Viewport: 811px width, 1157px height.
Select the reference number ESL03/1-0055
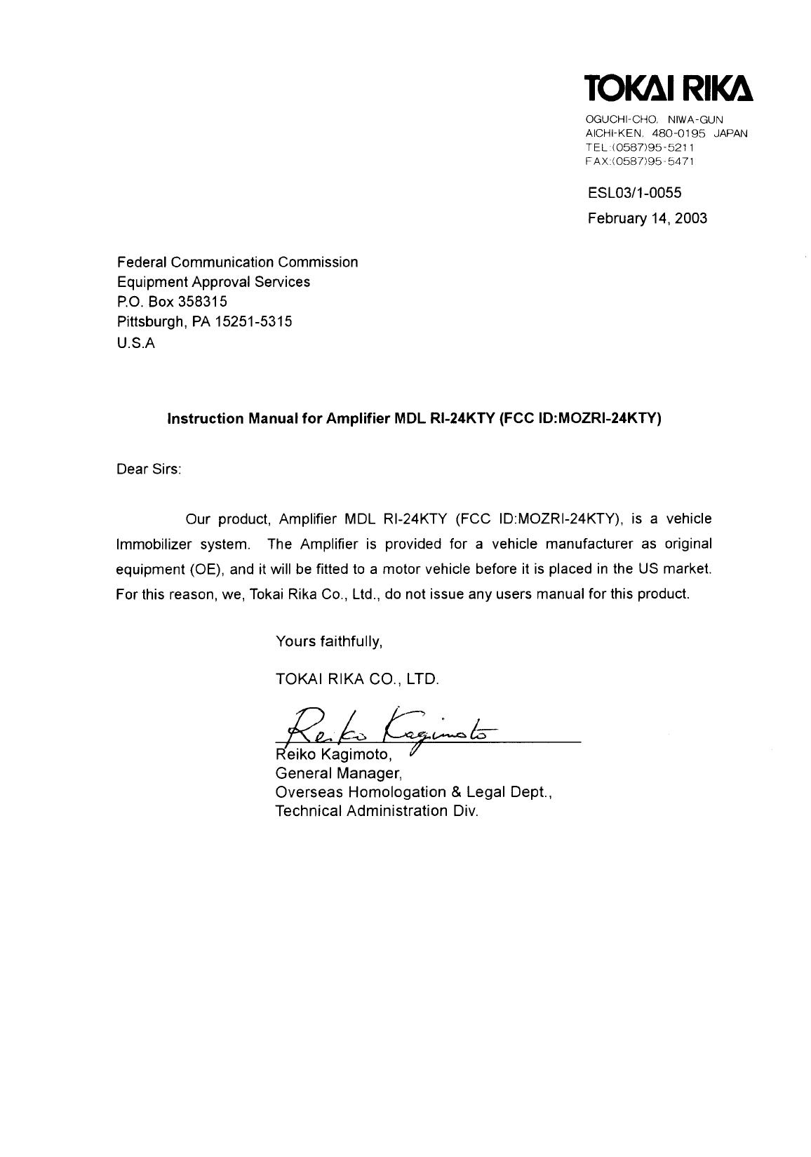click(x=634, y=192)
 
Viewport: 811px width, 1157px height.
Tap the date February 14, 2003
click(x=647, y=218)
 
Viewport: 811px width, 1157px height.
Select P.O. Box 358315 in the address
click(x=171, y=302)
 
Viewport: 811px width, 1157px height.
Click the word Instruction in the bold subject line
click(x=203, y=419)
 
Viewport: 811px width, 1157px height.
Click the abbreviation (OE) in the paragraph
click(x=205, y=569)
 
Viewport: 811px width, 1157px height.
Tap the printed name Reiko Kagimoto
click(x=334, y=755)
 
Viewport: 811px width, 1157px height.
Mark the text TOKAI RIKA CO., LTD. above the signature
click(x=357, y=679)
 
